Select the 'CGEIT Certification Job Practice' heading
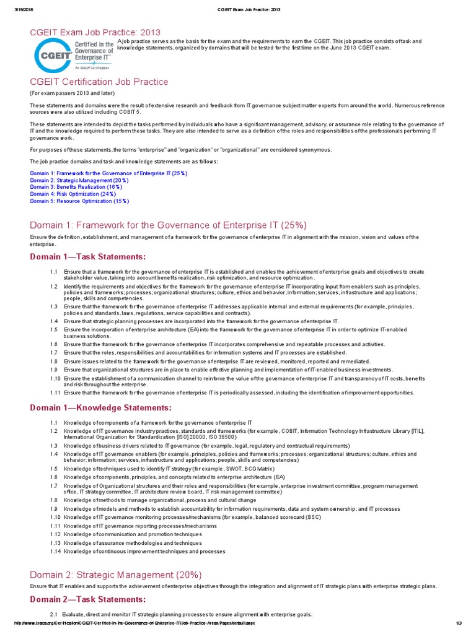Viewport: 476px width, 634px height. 99,82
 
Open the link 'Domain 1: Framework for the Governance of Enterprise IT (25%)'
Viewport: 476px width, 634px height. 108,173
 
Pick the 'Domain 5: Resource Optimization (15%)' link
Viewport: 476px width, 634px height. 79,201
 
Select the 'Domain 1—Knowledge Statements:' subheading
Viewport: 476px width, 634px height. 101,407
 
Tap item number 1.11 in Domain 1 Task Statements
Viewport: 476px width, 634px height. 55,393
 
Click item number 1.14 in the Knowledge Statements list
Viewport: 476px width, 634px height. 55,551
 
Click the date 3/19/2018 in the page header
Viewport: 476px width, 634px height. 23,7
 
